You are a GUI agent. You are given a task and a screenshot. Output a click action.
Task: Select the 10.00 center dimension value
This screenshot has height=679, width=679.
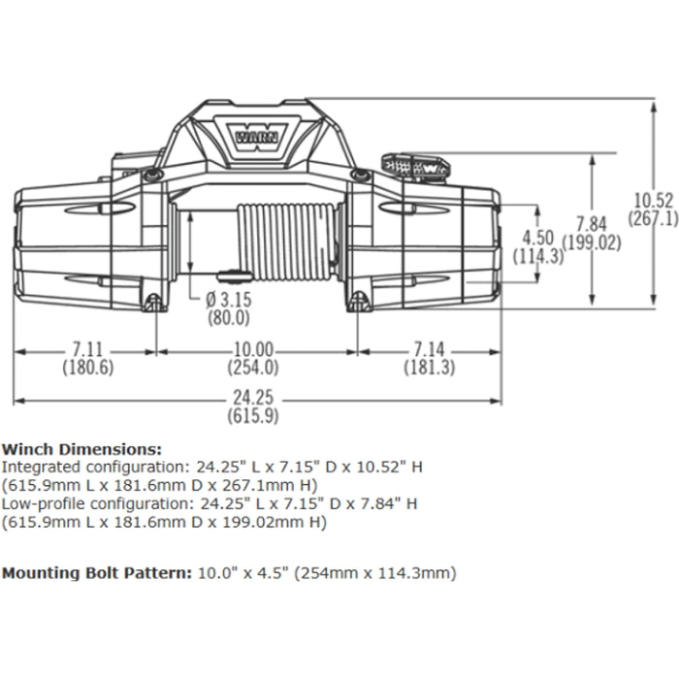point(255,349)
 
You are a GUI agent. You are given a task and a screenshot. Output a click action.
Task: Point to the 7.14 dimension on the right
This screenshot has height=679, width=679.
point(430,349)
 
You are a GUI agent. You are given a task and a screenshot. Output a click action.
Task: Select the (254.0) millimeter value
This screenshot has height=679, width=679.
point(255,368)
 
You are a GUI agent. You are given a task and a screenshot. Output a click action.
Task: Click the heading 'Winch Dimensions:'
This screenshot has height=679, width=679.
point(81,449)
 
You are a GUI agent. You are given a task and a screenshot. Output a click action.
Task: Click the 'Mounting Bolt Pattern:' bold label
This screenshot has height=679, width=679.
point(96,572)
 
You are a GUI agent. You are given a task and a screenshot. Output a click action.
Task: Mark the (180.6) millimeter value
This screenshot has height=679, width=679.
point(88,368)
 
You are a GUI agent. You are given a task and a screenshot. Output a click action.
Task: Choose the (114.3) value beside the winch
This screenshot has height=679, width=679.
point(540,257)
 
